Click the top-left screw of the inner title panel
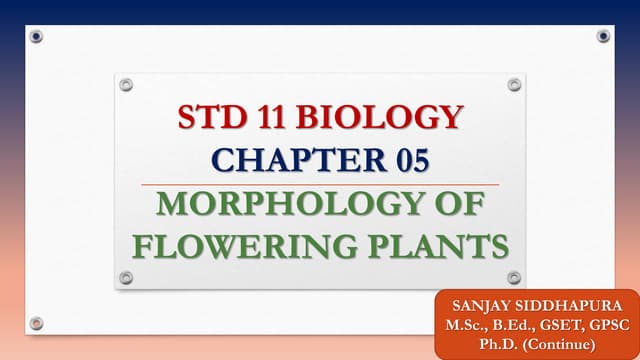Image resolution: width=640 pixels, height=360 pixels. (126, 85)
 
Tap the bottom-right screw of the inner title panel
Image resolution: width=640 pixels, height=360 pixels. (514, 277)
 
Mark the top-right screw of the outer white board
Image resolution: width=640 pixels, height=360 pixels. (603, 36)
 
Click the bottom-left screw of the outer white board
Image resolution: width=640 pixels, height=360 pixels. (36, 323)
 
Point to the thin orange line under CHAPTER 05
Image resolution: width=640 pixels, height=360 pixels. (320, 184)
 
